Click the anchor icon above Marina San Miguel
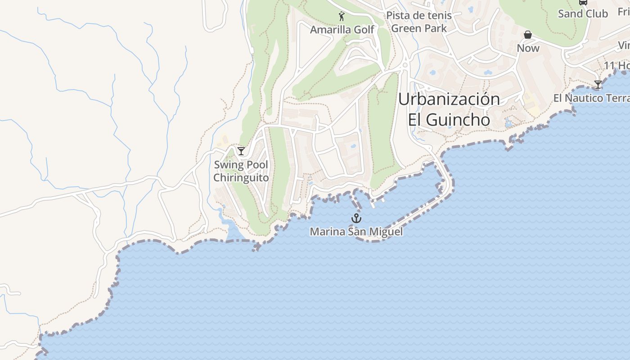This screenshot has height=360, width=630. tap(356, 219)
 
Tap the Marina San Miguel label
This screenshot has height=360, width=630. tap(356, 232)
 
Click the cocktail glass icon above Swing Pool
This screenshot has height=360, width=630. tap(241, 151)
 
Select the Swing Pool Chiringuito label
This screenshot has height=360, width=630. tap(241, 171)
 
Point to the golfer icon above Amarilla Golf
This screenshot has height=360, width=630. tap(342, 17)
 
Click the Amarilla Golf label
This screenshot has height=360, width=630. tap(342, 30)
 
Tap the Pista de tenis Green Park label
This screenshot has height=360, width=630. tap(419, 22)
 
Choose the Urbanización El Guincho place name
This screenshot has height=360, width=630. tap(449, 109)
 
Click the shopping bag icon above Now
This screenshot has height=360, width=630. tap(528, 35)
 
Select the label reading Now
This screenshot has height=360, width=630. tap(528, 48)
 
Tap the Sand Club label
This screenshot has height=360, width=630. tap(583, 14)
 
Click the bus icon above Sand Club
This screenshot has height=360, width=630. tap(583, 2)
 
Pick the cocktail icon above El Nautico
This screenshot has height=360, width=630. tap(598, 85)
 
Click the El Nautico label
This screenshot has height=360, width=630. tap(591, 98)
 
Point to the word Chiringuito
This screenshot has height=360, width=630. tap(241, 178)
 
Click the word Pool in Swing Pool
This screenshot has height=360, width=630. tap(256, 165)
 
